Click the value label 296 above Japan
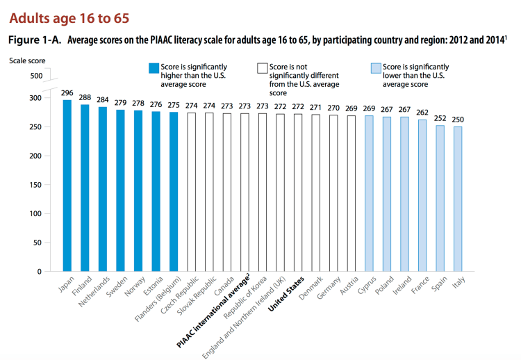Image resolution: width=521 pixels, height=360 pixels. coord(67,93)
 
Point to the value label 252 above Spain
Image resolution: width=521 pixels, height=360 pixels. coord(440,118)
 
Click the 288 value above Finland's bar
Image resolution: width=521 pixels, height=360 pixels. coord(85,98)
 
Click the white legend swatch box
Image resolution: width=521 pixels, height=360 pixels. coord(262,68)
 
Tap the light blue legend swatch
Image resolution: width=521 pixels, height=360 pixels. coord(375,68)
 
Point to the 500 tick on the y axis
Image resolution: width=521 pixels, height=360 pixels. coord(36,75)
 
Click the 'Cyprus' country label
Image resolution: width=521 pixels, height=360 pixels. coord(366,286)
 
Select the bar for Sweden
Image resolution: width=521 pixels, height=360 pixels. coord(120,190)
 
